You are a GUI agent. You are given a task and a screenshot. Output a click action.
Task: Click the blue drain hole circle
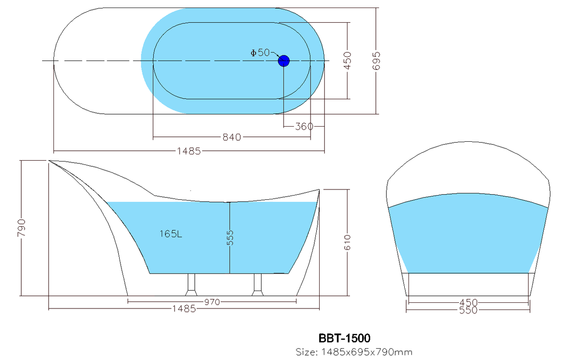click(x=283, y=60)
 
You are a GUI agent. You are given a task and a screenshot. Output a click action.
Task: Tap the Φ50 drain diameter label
click(x=260, y=53)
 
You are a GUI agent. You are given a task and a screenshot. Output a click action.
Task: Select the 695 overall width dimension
click(x=377, y=60)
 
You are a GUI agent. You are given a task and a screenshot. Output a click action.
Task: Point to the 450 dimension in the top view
click(x=348, y=60)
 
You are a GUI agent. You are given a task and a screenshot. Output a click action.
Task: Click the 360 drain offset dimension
click(x=304, y=126)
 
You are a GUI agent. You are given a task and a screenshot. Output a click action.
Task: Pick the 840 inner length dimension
click(x=232, y=137)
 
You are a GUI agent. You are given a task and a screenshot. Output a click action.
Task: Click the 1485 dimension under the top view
click(x=189, y=151)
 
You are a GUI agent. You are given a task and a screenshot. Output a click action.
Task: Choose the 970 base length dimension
click(x=212, y=302)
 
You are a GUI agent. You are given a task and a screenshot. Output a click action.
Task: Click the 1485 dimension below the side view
click(x=184, y=309)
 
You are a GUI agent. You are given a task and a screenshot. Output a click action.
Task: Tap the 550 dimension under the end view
click(x=468, y=310)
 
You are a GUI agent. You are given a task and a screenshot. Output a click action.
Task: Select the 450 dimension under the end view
click(x=468, y=302)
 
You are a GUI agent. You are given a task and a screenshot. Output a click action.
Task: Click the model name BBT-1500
click(x=344, y=338)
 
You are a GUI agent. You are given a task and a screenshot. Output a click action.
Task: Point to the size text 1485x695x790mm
click(x=354, y=352)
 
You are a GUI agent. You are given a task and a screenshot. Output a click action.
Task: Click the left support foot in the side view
click(x=191, y=285)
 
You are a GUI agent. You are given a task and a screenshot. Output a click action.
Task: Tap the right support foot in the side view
click(x=258, y=285)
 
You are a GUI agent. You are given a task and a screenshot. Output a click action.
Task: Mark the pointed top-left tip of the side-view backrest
click(x=50, y=161)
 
